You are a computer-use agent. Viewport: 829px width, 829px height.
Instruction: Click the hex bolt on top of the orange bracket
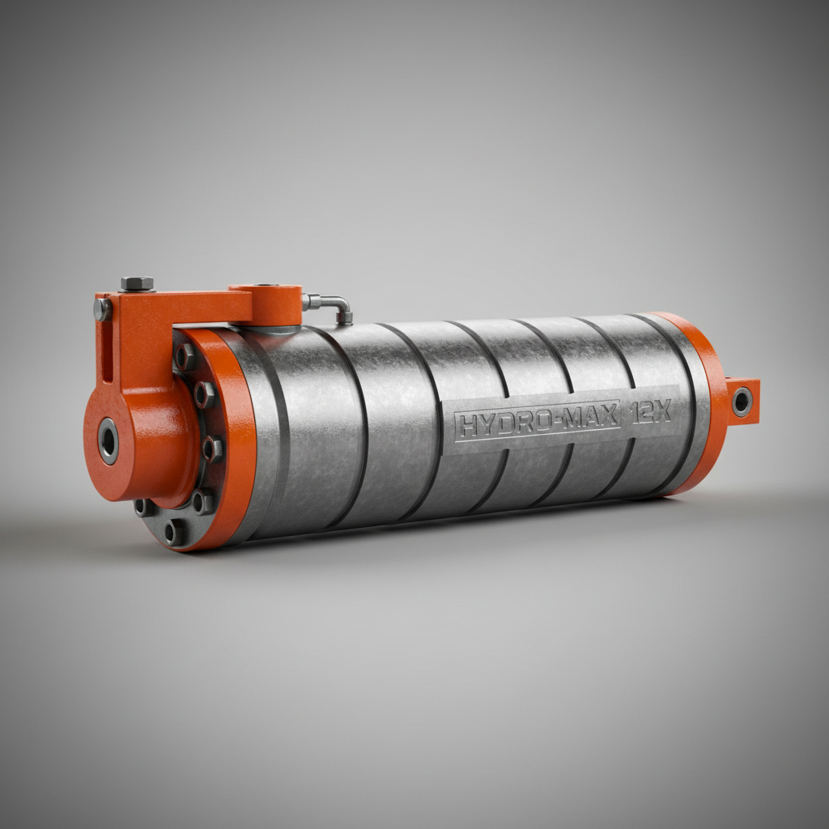[x=137, y=283]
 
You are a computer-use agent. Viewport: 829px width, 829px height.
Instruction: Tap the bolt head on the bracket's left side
[x=102, y=309]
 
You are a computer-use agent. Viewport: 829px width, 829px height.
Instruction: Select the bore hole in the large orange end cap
[x=108, y=441]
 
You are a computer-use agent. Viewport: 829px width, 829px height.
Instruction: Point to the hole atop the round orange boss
[x=266, y=287]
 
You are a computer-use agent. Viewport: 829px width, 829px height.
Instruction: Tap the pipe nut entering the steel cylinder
[x=345, y=318]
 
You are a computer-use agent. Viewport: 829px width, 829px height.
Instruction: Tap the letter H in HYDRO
[x=465, y=425]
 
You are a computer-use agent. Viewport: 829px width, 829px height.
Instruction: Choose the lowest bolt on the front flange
[x=172, y=532]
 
